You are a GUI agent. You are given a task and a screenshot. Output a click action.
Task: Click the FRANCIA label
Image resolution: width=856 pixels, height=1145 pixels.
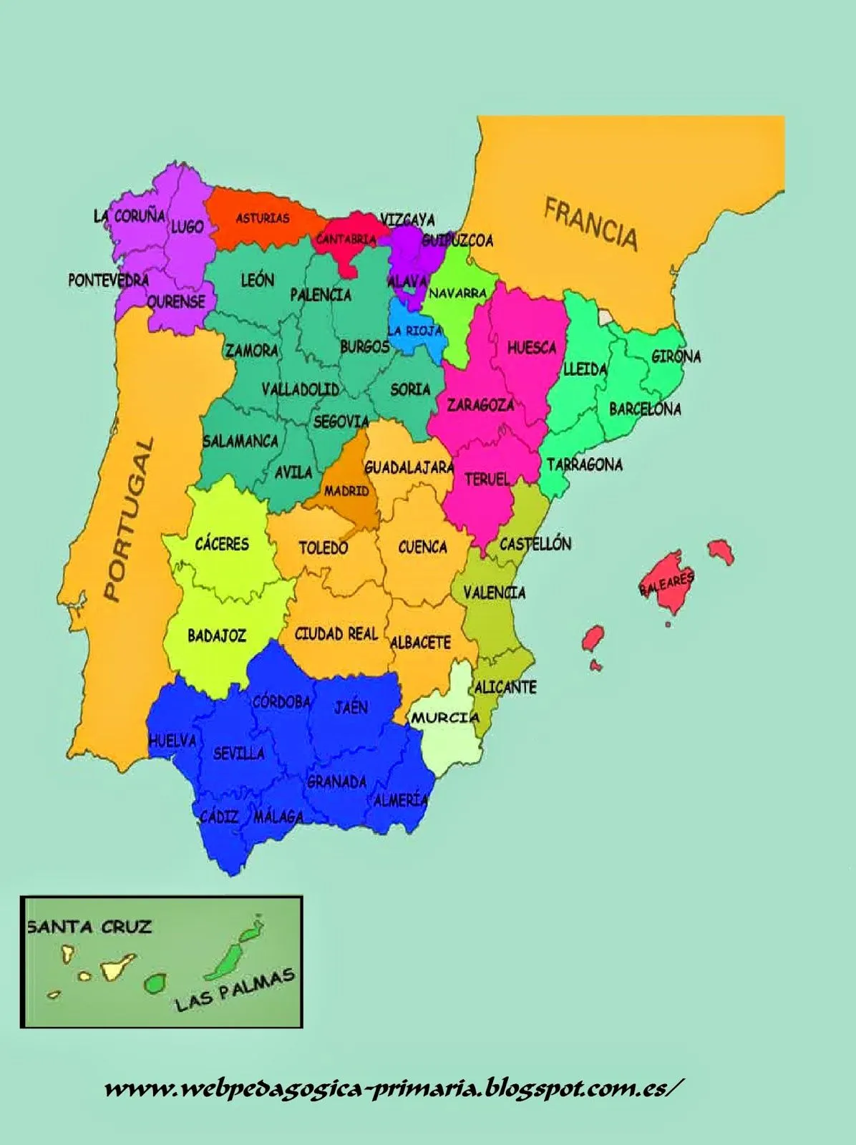[x=590, y=224]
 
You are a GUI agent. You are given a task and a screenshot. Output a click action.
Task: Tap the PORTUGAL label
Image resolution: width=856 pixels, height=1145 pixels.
[x=130, y=520]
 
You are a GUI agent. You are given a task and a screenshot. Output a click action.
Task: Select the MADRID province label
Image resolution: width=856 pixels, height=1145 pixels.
[x=346, y=492]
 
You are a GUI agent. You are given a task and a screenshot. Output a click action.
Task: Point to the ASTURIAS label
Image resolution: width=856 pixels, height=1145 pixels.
[x=263, y=218]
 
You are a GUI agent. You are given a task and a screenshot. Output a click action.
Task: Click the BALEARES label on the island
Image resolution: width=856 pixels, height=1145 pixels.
[x=666, y=583]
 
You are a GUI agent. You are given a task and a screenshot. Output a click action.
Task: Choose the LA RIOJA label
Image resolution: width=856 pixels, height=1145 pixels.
[x=414, y=331]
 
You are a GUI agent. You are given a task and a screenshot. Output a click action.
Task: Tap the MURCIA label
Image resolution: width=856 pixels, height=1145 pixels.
[x=444, y=718]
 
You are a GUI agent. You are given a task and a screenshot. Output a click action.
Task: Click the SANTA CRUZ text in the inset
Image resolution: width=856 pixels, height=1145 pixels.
[x=89, y=927]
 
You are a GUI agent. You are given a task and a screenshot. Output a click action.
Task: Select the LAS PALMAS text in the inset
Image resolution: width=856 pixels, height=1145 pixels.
[x=235, y=990]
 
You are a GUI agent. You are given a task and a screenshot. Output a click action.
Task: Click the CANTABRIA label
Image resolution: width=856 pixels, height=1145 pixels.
[x=346, y=240]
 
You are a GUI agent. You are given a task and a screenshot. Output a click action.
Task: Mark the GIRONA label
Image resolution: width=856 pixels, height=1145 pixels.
[x=676, y=356]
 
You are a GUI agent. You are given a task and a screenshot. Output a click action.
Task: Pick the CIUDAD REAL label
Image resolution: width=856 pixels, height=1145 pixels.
[x=336, y=634]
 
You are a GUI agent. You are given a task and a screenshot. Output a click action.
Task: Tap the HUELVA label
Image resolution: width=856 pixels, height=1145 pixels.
[x=172, y=741]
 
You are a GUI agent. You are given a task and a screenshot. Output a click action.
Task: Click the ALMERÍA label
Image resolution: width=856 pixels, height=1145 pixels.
[x=401, y=800]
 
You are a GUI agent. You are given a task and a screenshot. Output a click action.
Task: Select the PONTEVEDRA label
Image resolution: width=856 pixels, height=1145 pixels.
[x=108, y=281]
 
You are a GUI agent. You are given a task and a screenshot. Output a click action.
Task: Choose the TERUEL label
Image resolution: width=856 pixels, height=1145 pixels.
[x=487, y=479]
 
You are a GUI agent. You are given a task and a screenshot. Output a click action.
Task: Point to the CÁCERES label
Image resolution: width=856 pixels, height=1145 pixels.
[x=222, y=544]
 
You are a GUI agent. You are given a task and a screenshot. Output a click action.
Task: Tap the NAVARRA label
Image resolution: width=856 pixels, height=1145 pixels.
[x=457, y=293]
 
